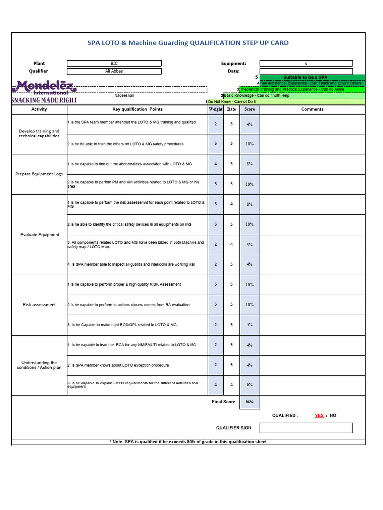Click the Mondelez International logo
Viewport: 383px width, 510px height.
(44, 87)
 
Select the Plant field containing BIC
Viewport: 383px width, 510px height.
(114, 63)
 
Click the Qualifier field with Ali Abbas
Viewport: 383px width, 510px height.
(114, 71)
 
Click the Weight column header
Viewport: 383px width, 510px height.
(216, 109)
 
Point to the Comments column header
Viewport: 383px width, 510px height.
(312, 109)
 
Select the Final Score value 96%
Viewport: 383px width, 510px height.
(249, 402)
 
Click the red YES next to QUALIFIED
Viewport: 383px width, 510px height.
(319, 415)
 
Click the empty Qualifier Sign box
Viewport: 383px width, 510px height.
(306, 428)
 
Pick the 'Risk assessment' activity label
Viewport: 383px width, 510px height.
(39, 305)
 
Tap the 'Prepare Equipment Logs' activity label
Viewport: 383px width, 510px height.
(39, 174)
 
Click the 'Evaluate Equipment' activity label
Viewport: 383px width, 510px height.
(39, 235)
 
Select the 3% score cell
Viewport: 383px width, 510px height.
(249, 245)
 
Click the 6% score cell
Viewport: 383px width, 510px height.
(249, 385)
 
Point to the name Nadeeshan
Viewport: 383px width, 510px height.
(124, 95)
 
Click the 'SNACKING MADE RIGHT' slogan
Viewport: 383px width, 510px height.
(44, 100)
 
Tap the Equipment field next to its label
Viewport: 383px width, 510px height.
(306, 63)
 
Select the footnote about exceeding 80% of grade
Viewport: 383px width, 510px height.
(188, 442)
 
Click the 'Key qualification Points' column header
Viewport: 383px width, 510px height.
(137, 109)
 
